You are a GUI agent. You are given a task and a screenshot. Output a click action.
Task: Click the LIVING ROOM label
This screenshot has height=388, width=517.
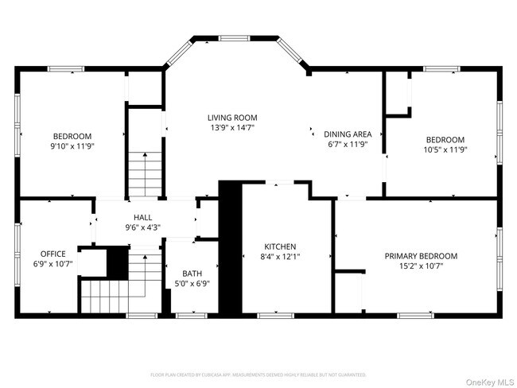[x=233, y=118]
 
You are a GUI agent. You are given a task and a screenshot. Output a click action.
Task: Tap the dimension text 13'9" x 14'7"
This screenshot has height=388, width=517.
[x=233, y=127]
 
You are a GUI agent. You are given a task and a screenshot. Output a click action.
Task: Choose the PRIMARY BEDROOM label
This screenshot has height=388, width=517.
[x=421, y=256]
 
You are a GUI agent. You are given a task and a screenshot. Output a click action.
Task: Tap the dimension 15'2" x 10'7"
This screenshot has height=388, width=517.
[x=421, y=266]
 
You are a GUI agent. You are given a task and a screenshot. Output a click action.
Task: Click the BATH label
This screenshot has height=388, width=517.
[x=192, y=273]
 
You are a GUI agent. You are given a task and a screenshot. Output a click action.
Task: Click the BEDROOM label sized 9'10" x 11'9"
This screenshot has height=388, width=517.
[x=72, y=136]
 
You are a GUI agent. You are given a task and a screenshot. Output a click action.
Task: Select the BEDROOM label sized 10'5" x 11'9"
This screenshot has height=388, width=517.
[x=444, y=140]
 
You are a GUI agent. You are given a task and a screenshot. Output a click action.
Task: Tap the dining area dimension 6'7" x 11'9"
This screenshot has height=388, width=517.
[x=348, y=145]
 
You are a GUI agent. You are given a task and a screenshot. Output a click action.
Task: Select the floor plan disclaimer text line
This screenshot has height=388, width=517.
[x=258, y=374]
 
